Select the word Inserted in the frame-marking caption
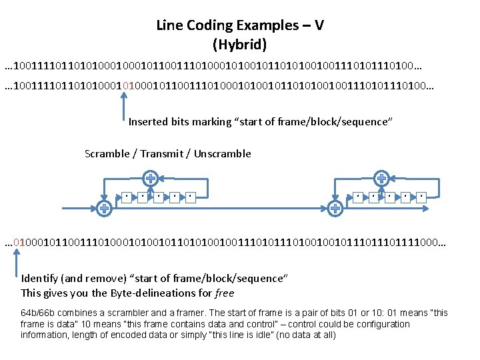(x=149, y=122)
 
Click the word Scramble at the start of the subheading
(x=107, y=154)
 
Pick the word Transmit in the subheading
(x=162, y=154)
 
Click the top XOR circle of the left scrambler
(x=151, y=178)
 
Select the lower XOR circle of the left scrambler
(x=104, y=209)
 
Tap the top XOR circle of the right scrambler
(x=382, y=178)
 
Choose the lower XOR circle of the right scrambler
(x=335, y=209)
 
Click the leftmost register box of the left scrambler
(x=125, y=197)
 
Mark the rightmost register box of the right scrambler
(x=421, y=197)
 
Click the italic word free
(x=224, y=293)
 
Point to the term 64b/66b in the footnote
(x=39, y=313)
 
